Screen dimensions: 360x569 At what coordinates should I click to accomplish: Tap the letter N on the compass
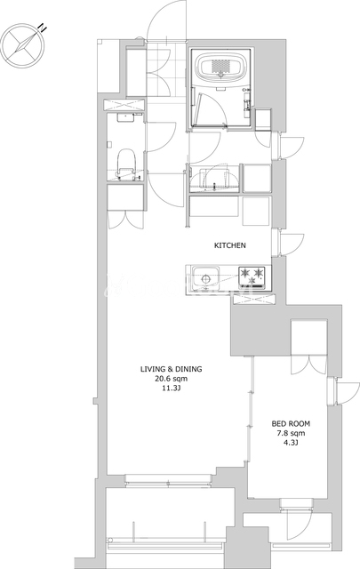[x=44, y=28]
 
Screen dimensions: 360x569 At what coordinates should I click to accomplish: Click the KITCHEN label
[x=230, y=245]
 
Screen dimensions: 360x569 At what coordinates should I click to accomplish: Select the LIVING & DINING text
[x=171, y=369]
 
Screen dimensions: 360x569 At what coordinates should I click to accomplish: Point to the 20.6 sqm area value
[x=171, y=379]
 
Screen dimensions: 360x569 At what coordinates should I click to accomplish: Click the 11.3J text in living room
[x=171, y=389]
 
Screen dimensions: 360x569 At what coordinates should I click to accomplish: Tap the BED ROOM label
[x=291, y=423]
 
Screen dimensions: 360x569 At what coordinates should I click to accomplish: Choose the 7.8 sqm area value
[x=291, y=433]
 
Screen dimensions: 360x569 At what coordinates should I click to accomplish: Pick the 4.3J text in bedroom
[x=291, y=443]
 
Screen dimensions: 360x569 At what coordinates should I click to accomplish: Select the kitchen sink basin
[x=205, y=278]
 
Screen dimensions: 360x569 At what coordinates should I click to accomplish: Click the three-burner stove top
[x=252, y=278]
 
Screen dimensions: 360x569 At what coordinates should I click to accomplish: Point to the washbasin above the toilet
[x=125, y=116]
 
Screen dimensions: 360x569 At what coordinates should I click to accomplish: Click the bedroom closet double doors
[x=309, y=364]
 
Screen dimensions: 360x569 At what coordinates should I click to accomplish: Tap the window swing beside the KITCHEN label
[x=292, y=244]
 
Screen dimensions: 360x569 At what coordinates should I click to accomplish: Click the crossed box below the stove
[x=253, y=300]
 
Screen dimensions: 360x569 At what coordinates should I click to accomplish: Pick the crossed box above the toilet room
[x=124, y=105]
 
